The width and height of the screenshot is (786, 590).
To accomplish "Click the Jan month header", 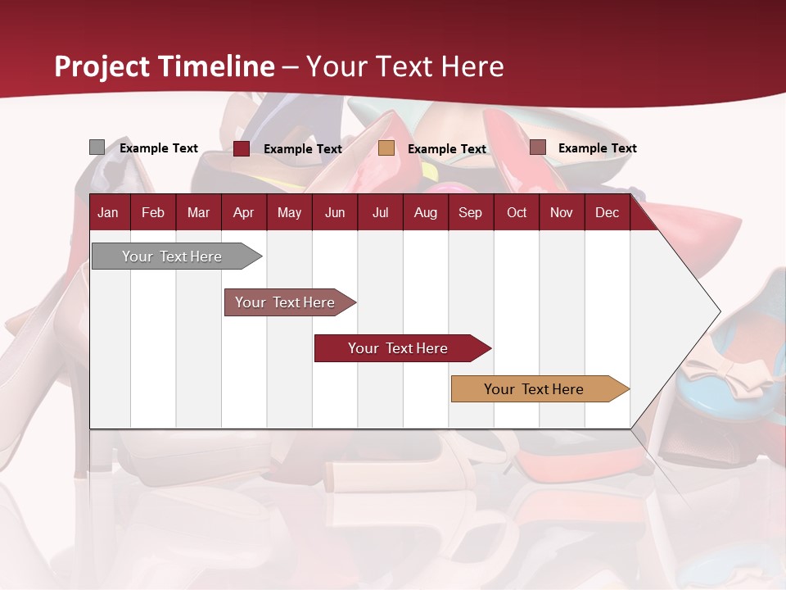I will click(x=108, y=213).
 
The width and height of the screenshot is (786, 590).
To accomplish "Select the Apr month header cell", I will click(x=243, y=213).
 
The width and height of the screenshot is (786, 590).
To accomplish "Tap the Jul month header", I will click(x=380, y=213).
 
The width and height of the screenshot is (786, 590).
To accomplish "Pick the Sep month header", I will click(x=470, y=213).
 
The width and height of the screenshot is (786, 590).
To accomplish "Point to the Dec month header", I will click(x=607, y=213).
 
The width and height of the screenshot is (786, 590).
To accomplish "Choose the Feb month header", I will click(x=153, y=213).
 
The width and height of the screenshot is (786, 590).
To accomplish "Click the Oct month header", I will click(x=517, y=213).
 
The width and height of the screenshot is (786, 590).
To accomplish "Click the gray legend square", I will click(x=97, y=147).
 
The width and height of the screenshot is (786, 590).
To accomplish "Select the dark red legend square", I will click(x=242, y=148).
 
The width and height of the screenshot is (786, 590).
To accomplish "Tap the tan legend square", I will click(x=386, y=148).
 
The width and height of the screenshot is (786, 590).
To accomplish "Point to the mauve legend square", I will click(x=538, y=147).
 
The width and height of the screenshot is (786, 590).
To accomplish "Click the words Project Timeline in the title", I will click(x=165, y=66).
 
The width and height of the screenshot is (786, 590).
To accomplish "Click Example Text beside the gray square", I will click(x=159, y=148).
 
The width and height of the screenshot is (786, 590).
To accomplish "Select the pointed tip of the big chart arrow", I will click(x=719, y=311).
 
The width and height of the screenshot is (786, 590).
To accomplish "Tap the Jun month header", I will click(x=335, y=213).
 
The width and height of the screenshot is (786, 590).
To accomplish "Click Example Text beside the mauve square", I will click(x=597, y=148).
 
